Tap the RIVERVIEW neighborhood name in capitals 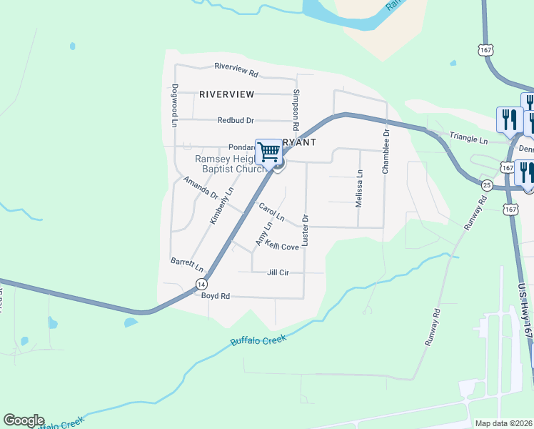(x=226, y=94)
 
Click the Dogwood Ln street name (x=173, y=106)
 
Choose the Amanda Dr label (x=200, y=187)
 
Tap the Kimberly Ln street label (x=222, y=206)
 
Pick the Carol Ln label (x=272, y=212)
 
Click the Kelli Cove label (x=282, y=246)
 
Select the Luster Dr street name (x=305, y=230)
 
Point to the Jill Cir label (x=277, y=272)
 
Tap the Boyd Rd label (x=215, y=296)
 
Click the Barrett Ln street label (x=187, y=265)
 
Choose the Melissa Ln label (x=360, y=188)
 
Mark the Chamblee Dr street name (x=386, y=152)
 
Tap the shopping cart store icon (x=269, y=151)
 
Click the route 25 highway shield (x=486, y=185)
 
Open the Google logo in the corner (x=24, y=420)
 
